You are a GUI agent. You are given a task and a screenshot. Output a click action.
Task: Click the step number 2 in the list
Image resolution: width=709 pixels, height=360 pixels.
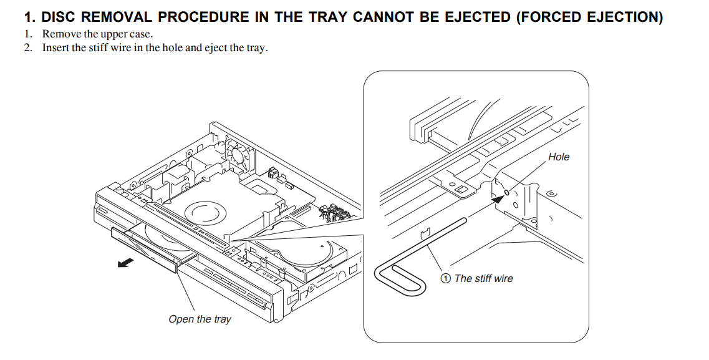27,48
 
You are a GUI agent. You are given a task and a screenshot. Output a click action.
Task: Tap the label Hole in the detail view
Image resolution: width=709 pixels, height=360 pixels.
558,157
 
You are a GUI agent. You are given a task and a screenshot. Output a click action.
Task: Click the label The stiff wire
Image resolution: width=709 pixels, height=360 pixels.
483,278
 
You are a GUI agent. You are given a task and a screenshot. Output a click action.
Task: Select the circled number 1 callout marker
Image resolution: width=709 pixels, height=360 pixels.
445,278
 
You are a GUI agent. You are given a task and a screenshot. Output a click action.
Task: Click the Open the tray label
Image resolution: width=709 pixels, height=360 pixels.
200,319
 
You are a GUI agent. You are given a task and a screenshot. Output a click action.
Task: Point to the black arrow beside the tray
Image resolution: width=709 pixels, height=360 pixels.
125,263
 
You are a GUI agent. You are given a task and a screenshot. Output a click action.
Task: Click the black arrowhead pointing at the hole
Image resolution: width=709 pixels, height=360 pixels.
496,198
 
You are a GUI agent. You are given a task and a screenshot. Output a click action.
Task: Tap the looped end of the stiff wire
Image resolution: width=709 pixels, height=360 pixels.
390,275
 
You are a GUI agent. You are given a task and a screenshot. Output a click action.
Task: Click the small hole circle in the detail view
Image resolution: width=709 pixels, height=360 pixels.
506,192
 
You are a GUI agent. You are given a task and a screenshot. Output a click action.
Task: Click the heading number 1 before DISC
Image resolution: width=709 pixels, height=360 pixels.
27,17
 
